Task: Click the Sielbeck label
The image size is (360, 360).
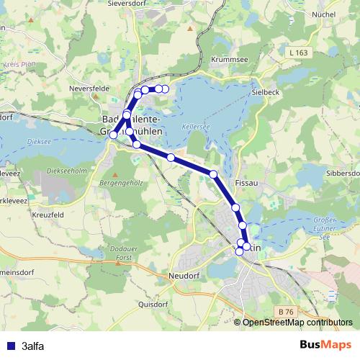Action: pos(266,93)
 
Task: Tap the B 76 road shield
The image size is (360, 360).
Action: pos(286,310)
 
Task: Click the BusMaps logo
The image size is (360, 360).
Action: pos(325,345)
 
